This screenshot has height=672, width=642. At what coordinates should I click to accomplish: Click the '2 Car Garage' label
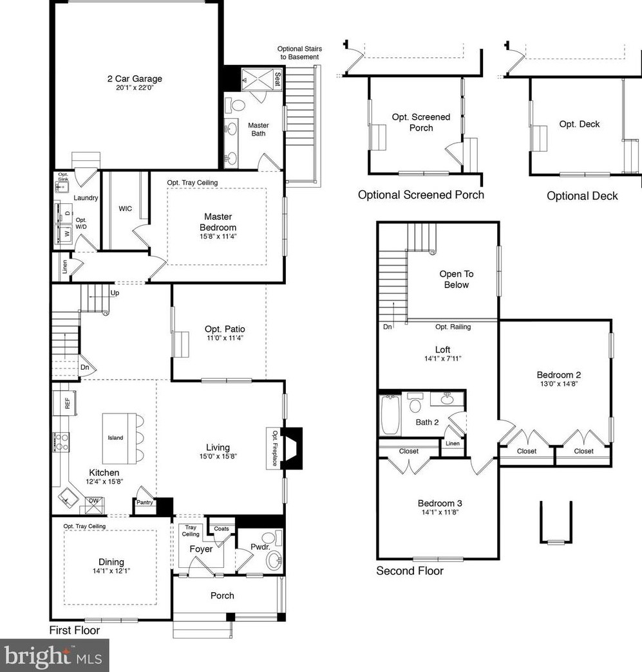135,78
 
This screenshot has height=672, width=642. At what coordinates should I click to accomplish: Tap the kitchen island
115,437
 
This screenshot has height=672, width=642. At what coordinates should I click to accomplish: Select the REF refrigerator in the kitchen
65,403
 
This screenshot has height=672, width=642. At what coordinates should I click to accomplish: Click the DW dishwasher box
93,505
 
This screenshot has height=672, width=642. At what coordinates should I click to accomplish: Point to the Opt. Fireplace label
275,448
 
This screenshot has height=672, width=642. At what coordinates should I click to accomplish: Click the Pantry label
145,502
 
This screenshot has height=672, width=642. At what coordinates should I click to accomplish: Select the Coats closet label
222,529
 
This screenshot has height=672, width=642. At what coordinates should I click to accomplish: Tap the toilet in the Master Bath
235,105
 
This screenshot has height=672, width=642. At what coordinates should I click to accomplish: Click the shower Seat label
278,79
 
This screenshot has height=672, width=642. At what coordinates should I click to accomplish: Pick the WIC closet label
126,209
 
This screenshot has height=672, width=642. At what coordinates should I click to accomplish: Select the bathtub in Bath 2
390,415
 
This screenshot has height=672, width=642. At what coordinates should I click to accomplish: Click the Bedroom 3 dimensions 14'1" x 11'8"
440,512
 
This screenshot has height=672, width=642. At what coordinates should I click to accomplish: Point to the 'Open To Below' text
456,279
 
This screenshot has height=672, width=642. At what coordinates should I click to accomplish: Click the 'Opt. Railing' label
453,327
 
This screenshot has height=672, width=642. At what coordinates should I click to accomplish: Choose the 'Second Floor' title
410,571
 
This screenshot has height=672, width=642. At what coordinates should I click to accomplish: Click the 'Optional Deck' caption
582,196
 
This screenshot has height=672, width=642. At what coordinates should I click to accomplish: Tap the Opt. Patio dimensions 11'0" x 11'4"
225,338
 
